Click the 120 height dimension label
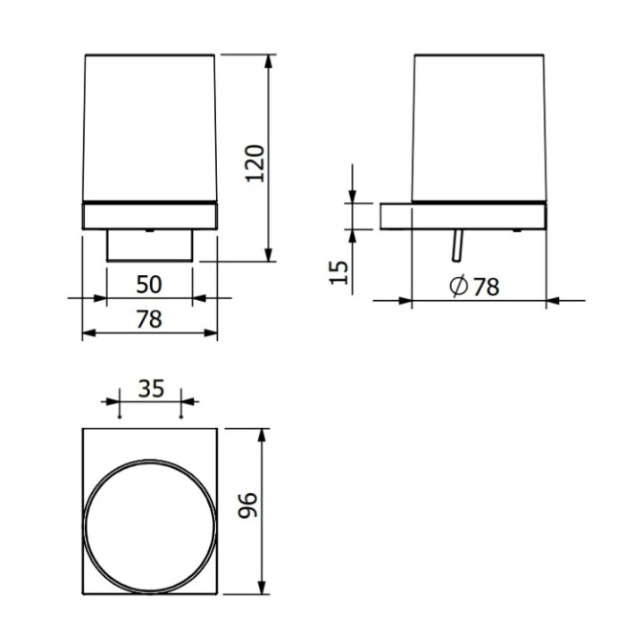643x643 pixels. coord(256,163)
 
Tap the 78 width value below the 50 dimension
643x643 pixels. coord(149,320)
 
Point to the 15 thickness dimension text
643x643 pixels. coord(338,271)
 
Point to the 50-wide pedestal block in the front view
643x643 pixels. coord(149,245)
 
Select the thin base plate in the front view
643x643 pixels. coord(149,215)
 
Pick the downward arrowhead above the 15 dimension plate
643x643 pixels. coord(354,196)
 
